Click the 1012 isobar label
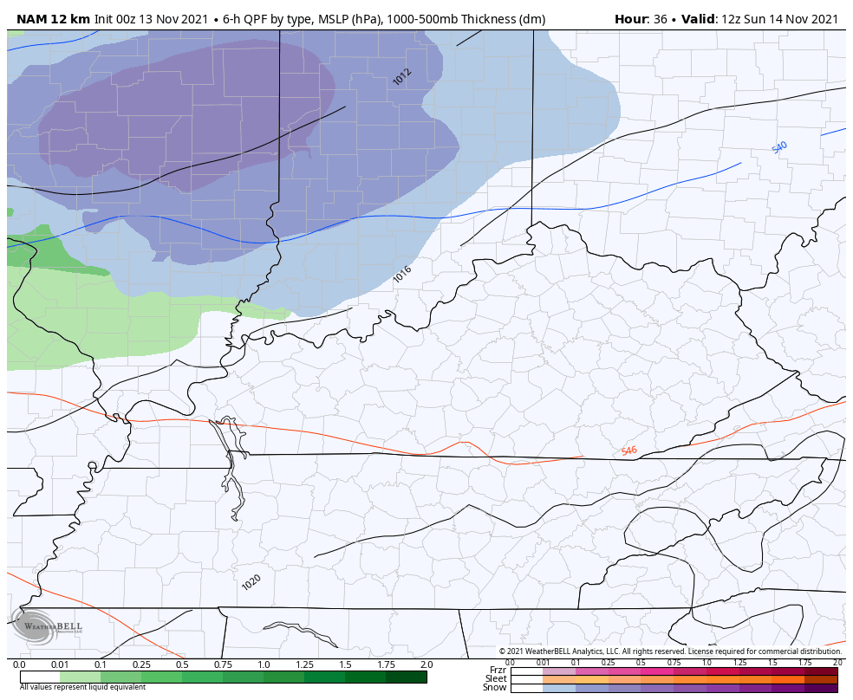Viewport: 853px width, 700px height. point(401,77)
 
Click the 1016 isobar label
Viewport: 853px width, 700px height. point(402,274)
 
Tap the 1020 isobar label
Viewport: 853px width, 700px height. point(251,583)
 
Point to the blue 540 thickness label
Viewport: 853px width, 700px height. point(779,148)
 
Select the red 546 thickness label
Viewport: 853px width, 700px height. point(628,450)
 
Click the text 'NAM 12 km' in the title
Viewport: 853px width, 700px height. point(53,19)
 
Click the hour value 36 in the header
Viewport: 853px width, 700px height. point(659,19)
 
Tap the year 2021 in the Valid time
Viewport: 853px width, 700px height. point(820,19)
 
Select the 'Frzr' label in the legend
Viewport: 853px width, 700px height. point(498,670)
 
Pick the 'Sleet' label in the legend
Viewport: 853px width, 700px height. point(496,678)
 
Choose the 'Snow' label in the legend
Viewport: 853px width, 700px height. point(495,687)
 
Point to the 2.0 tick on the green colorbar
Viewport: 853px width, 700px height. point(426,664)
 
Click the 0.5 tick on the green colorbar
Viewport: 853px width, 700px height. point(182,664)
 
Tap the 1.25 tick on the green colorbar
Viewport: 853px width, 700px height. point(304,664)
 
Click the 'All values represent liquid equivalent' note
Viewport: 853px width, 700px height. point(77,687)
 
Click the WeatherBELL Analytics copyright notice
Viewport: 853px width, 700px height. point(669,651)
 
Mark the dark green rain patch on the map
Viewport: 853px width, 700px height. point(48,251)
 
